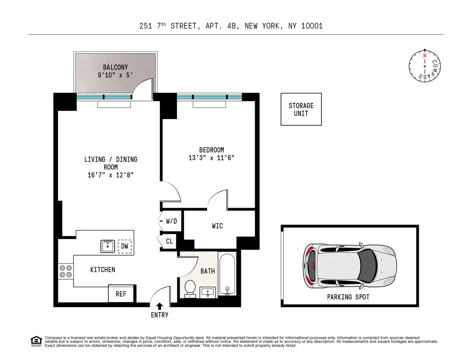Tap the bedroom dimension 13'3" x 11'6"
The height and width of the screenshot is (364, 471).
tap(212, 158)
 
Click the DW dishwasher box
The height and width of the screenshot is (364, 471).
tap(125, 246)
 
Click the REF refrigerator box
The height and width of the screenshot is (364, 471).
tap(121, 293)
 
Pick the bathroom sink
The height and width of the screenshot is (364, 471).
tap(208, 292)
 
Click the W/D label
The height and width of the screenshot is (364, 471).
tap(171, 221)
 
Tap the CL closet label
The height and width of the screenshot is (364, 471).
tap(169, 241)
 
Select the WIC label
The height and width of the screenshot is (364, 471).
tap(217, 226)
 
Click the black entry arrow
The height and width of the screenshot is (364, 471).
tap(159, 306)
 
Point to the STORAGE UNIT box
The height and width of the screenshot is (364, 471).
tap(301, 110)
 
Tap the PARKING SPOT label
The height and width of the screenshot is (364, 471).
tap(348, 297)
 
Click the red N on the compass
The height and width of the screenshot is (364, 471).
tap(424, 55)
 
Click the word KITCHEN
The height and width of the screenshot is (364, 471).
tap(103, 270)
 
